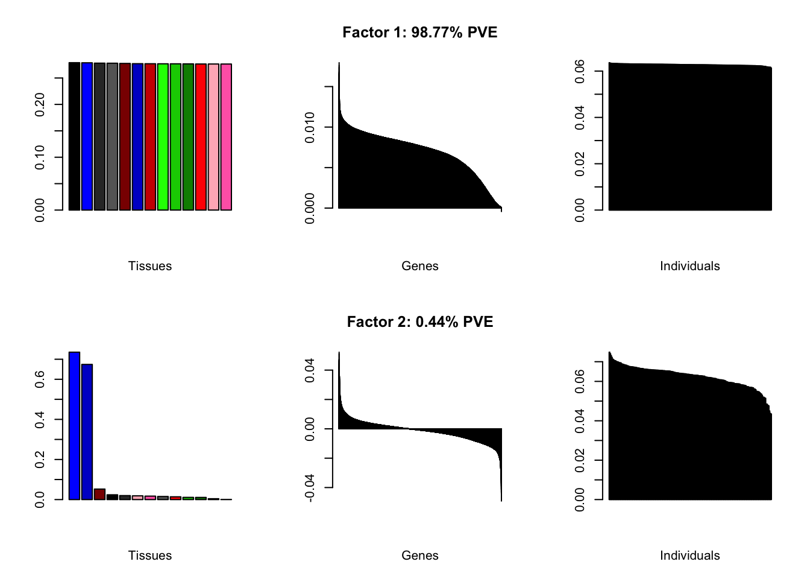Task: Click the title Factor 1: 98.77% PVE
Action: click(419, 33)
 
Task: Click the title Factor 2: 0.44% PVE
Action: click(419, 322)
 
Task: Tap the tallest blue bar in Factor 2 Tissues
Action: click(74, 425)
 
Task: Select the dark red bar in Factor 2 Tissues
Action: click(99, 494)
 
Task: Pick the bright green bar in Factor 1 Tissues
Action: click(163, 137)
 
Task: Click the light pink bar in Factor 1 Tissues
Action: click(213, 137)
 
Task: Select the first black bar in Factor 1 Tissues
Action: click(74, 136)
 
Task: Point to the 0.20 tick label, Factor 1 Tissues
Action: click(40, 104)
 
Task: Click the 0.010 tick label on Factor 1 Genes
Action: click(310, 127)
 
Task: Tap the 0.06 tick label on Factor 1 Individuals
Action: click(580, 71)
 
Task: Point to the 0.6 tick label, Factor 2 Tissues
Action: click(40, 379)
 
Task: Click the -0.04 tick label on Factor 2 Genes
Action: click(310, 487)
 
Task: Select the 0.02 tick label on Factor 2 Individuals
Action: click(580, 460)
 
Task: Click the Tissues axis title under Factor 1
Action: click(150, 266)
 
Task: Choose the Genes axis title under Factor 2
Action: click(419, 555)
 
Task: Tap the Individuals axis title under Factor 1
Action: click(689, 266)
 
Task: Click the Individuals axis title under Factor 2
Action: click(689, 555)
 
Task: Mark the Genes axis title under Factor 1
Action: click(419, 266)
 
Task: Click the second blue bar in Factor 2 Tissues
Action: click(87, 432)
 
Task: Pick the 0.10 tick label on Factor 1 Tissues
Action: click(40, 157)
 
